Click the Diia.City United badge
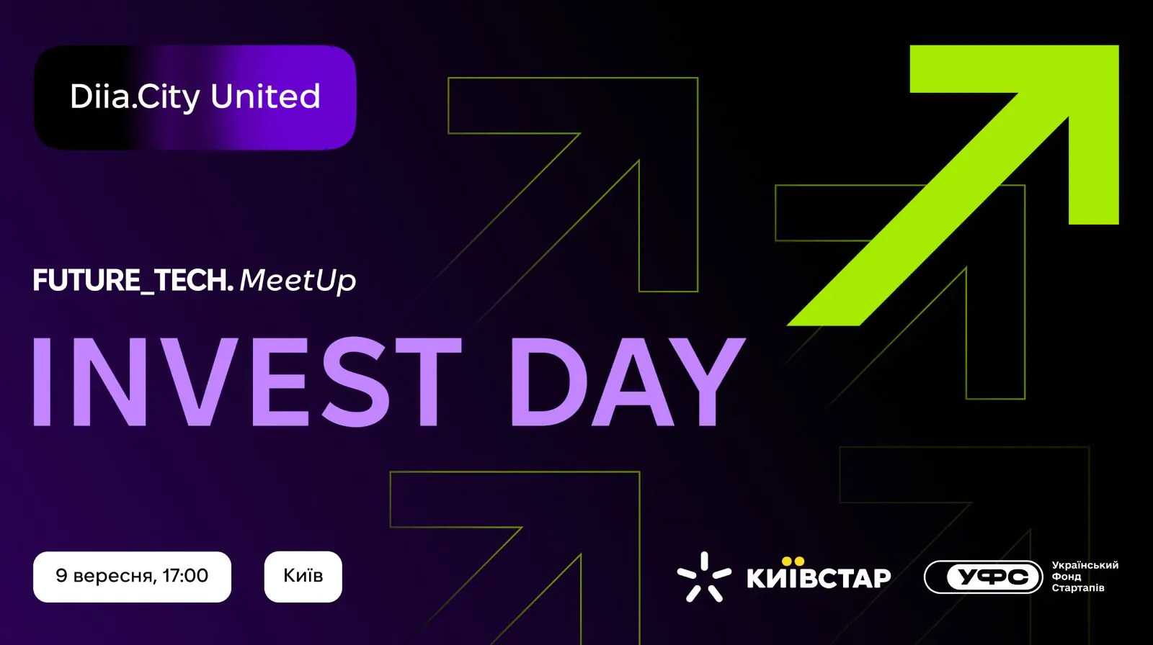(x=195, y=97)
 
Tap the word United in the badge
(x=266, y=96)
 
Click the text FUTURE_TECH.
(x=133, y=281)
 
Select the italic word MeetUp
(x=298, y=281)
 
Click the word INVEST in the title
(x=247, y=382)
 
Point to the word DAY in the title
(x=628, y=382)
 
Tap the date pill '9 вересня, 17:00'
(x=133, y=577)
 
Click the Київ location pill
(x=303, y=577)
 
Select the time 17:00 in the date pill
(x=185, y=576)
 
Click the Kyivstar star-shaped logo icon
(x=703, y=577)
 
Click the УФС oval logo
(x=983, y=577)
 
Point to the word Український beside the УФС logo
(x=1085, y=565)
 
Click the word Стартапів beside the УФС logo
(x=1078, y=588)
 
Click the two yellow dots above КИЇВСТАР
(x=793, y=561)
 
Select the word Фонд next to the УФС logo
(x=1066, y=577)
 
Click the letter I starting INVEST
(x=42, y=382)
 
